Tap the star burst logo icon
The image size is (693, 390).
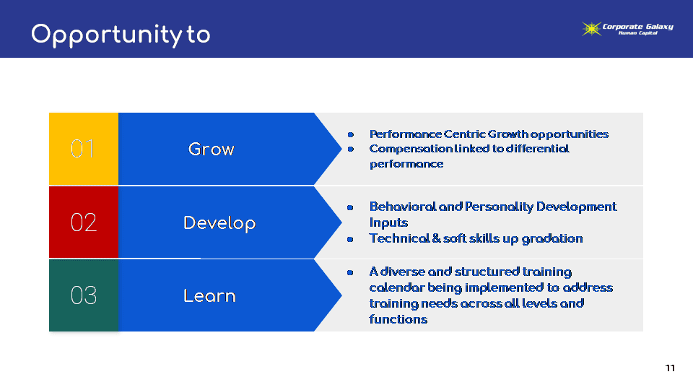coord(591,29)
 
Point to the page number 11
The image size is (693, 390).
coord(670,368)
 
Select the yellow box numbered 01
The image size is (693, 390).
coord(84,149)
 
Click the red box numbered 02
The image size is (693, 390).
coord(84,222)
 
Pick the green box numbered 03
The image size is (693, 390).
coord(84,295)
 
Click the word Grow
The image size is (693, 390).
coord(212,149)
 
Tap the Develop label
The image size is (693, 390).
coord(219,223)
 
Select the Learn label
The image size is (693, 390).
coord(209,296)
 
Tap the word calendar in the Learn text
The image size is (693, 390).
coord(396,287)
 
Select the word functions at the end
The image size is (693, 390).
coord(398,319)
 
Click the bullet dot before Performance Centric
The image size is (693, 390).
coord(351,134)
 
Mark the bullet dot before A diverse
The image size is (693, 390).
coord(350,272)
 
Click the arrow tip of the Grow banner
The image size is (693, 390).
coord(341,149)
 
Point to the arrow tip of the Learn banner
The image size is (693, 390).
coord(341,295)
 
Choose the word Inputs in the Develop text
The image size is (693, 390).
coord(388,223)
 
